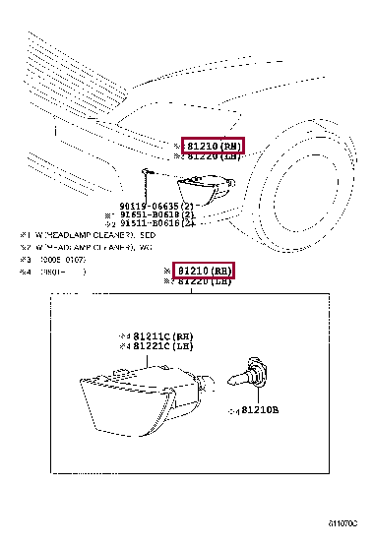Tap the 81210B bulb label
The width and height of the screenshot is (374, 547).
pyautogui.click(x=257, y=410)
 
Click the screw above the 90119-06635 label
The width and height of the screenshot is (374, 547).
pyautogui.click(x=146, y=173)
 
